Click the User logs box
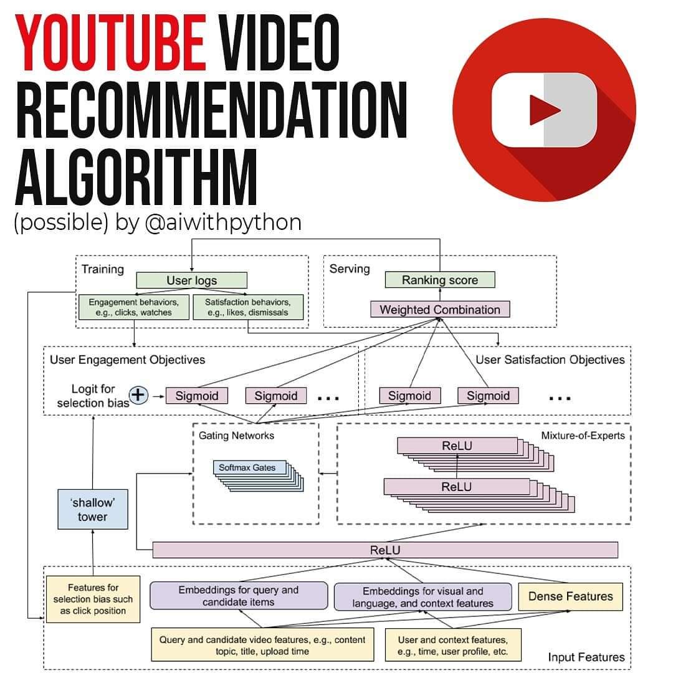coord(191,280)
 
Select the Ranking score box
coord(440,280)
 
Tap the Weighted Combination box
coord(440,310)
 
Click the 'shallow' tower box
coord(93,510)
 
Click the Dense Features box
coord(570,596)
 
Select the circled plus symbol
coord(138,395)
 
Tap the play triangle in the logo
coord(544,110)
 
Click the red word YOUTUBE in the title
coord(110,42)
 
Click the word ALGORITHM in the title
coord(136,177)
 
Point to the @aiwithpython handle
coord(223,223)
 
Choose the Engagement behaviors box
coord(134,307)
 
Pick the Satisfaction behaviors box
coord(248,307)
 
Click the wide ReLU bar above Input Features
coord(385,550)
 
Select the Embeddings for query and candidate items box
coord(239,596)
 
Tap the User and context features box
coord(453,645)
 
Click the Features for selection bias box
coord(93,599)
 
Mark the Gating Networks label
coord(236,436)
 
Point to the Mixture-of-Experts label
coord(583,436)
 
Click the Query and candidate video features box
coord(262,645)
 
